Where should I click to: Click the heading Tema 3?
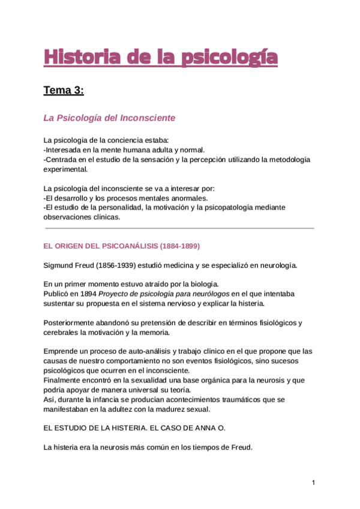pyautogui.click(x=64, y=91)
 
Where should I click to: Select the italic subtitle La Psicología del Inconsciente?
pyautogui.click(x=109, y=118)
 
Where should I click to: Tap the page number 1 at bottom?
pyautogui.click(x=313, y=483)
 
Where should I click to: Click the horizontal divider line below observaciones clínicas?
pyautogui.click(x=180, y=228)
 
